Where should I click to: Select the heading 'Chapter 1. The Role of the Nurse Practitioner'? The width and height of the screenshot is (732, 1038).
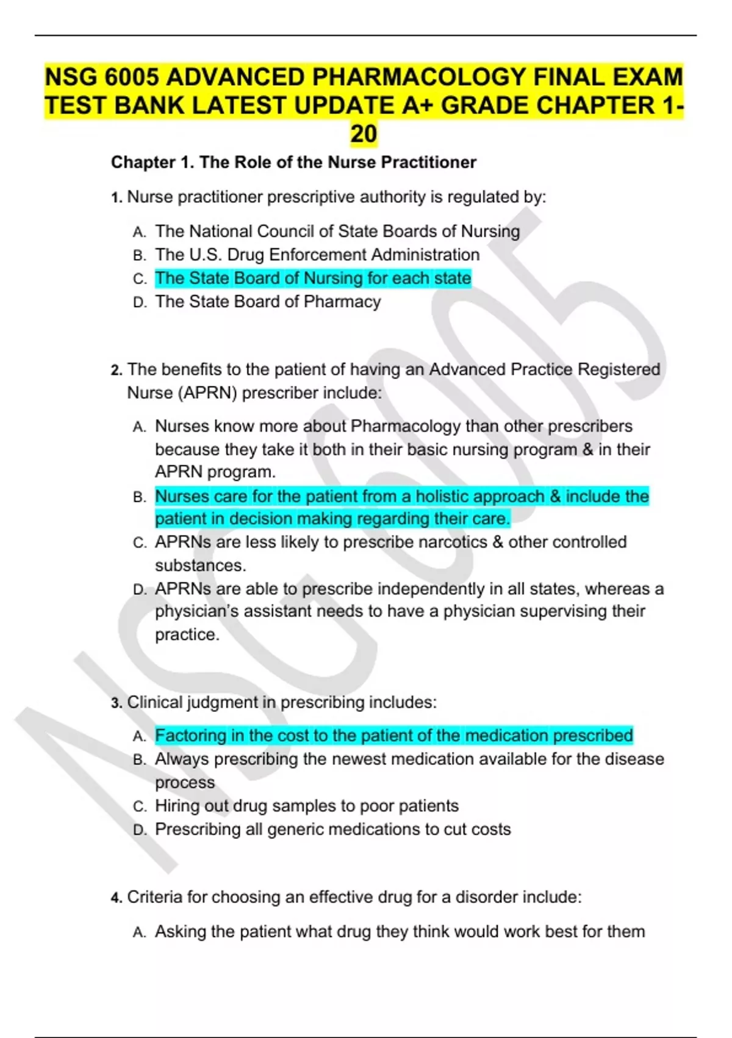tap(293, 162)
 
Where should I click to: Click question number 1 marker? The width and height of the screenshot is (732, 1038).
tap(117, 198)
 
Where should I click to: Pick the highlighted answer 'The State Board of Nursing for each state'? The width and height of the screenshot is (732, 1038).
tap(313, 278)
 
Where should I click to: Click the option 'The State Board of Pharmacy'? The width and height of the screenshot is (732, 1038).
tap(268, 302)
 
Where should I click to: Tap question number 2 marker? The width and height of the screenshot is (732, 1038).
tap(117, 370)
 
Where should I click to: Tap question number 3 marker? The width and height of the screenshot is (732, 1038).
tap(117, 703)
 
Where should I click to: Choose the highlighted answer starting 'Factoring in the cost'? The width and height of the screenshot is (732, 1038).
tap(393, 735)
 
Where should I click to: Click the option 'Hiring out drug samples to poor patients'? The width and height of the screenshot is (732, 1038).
tap(306, 806)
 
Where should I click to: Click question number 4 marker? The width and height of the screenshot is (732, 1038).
tap(117, 898)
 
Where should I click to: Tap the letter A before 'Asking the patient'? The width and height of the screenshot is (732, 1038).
tap(139, 932)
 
